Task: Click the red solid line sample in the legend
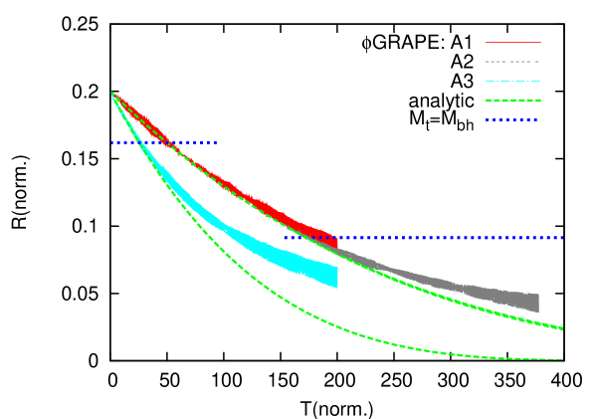coord(512,43)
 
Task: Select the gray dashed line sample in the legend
coord(512,62)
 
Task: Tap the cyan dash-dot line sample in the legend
coord(512,81)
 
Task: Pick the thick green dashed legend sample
coord(512,101)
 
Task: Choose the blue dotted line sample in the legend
coord(512,119)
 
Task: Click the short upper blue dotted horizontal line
coord(164,142)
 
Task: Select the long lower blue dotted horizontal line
coord(423,238)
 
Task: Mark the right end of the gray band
coord(537,303)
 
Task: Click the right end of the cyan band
coord(336,276)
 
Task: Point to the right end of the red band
coord(336,239)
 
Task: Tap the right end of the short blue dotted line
coord(216,142)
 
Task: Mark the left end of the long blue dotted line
coord(285,238)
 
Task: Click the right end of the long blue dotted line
coord(562,238)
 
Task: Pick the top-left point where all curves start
coord(112,93)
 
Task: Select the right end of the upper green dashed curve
coord(562,328)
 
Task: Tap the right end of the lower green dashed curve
coord(561,359)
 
